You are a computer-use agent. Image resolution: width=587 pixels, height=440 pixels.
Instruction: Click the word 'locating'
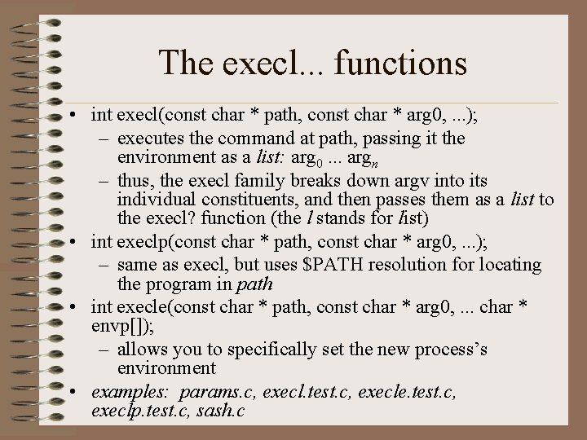tap(510, 264)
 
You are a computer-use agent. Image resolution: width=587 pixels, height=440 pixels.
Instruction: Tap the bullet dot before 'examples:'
tap(73, 392)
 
